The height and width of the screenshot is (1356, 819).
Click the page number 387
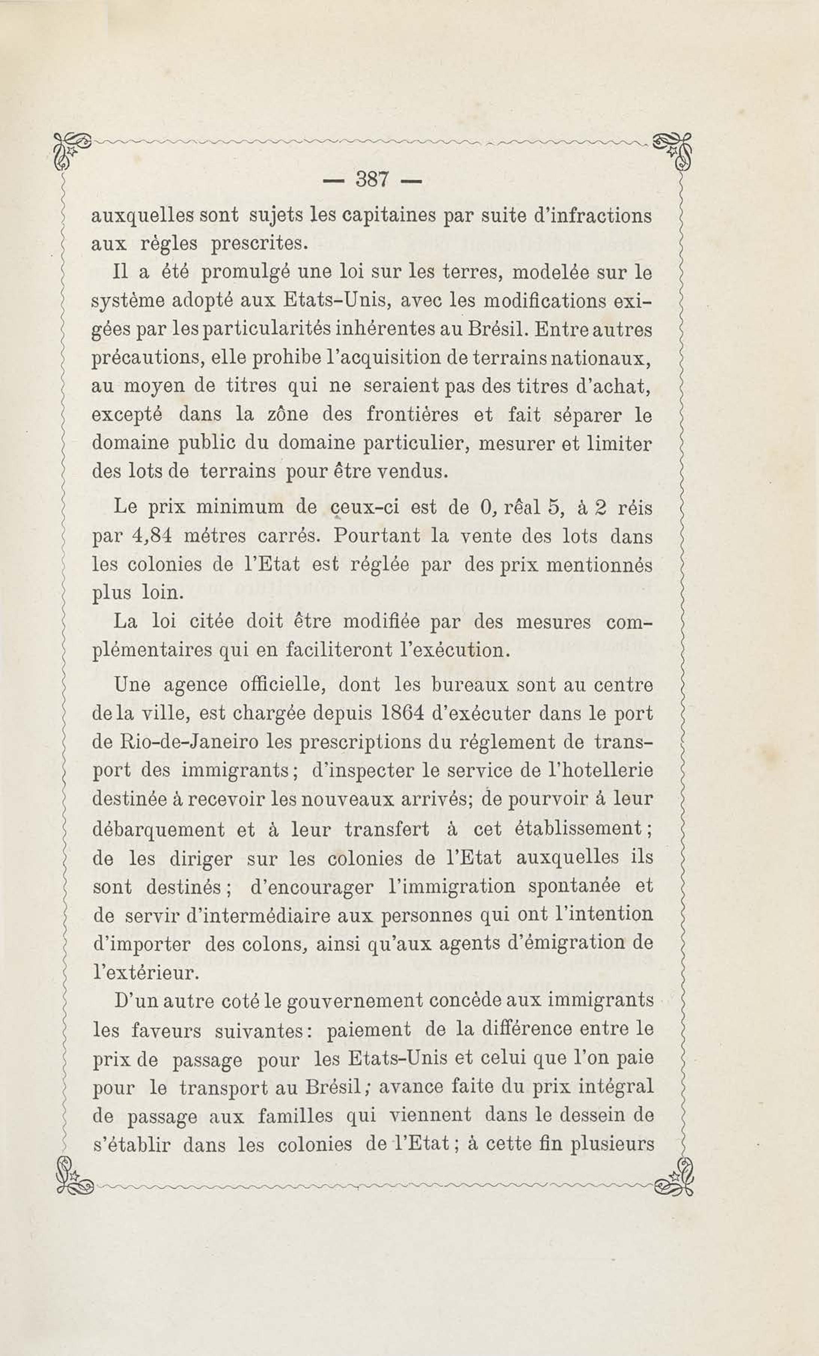coord(373,179)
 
